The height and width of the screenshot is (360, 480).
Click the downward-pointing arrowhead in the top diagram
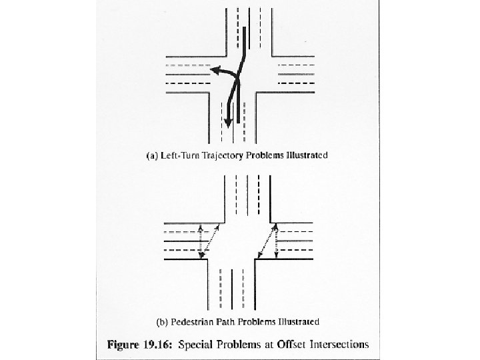coord(228,122)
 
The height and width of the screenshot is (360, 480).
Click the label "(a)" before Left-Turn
coord(151,156)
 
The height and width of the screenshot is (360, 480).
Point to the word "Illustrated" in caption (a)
coord(306,156)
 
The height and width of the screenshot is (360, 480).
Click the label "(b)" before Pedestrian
coord(161,322)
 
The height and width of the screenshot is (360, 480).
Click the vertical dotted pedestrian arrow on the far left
coord(201,242)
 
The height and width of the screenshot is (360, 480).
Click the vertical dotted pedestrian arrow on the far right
coord(276,241)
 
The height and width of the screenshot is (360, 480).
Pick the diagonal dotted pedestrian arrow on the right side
coord(267,241)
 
